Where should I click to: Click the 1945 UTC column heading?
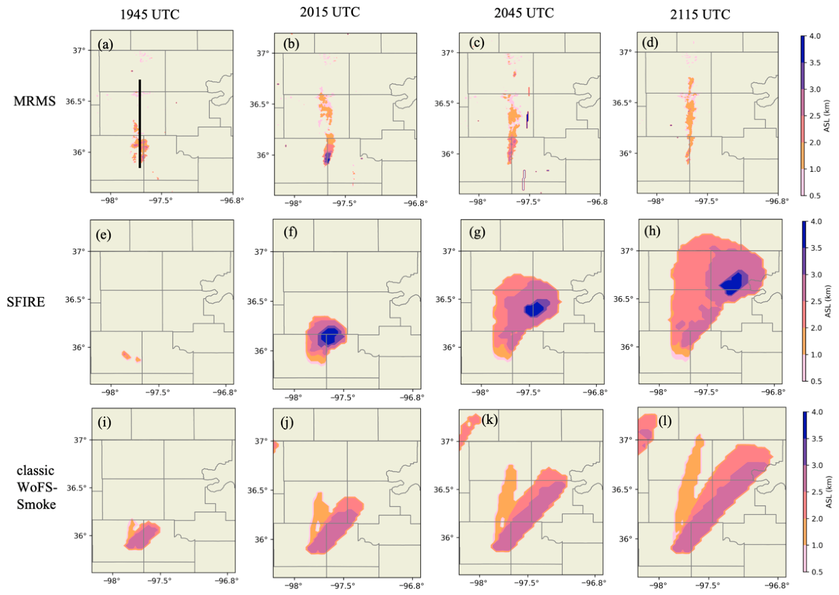point(149,14)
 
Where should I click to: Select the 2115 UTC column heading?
point(700,14)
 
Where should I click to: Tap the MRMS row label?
point(35,101)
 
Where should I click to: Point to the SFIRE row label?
point(26,302)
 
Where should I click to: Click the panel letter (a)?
point(105,45)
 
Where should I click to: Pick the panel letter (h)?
point(652,231)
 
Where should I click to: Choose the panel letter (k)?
point(489,420)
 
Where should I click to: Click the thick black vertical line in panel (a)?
point(140,124)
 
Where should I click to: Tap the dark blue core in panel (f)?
point(329,336)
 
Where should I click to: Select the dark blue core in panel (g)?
point(534,309)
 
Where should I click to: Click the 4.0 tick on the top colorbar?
point(815,36)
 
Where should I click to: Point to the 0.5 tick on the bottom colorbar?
point(817,572)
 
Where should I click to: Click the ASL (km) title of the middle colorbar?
point(827,302)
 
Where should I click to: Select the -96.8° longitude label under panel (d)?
point(777,201)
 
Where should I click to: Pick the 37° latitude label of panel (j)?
point(261,441)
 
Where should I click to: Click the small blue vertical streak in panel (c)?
point(527,119)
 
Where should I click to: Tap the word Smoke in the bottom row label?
point(37,505)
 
